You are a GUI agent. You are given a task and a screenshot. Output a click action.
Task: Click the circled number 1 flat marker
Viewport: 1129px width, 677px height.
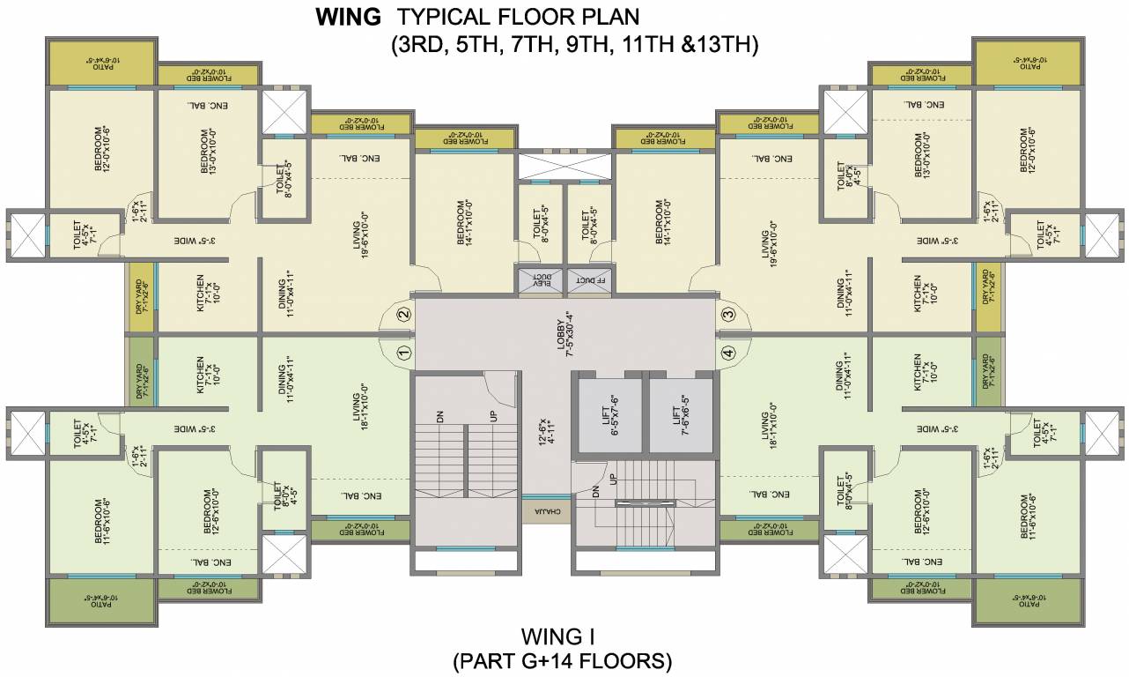point(403,353)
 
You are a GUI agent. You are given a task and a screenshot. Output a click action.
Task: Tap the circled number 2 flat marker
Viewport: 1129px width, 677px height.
point(403,314)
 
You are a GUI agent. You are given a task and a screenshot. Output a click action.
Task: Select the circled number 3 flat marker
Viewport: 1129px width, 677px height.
point(727,314)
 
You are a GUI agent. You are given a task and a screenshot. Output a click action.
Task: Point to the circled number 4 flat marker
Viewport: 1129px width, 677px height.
point(727,353)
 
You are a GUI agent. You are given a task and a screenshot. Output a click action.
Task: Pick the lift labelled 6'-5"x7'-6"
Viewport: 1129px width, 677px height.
point(609,413)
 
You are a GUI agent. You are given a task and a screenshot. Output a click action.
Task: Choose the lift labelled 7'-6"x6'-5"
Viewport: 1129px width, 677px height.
point(681,413)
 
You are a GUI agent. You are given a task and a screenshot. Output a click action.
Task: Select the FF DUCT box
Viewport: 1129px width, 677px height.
point(588,280)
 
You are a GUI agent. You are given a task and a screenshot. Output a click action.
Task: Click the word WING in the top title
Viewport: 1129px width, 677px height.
point(348,17)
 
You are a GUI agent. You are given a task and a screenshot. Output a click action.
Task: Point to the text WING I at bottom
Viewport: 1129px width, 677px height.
point(564,636)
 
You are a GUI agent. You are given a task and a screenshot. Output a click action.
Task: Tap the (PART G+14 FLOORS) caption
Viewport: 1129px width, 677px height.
point(564,660)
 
